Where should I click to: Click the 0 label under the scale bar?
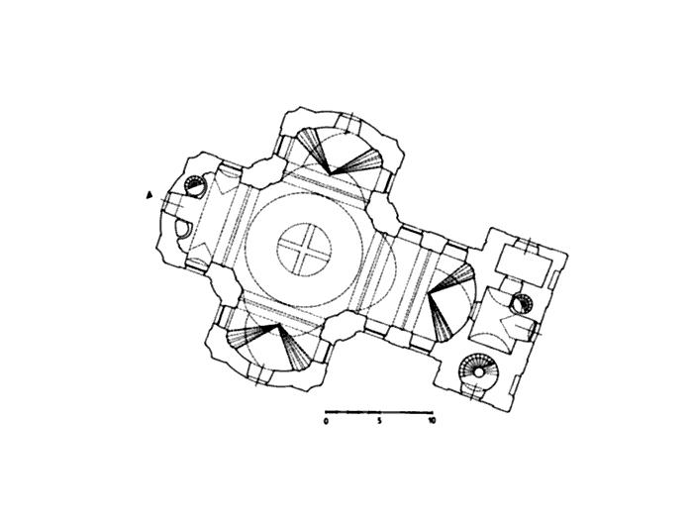tap(326, 421)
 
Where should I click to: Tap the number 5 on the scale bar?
tap(379, 421)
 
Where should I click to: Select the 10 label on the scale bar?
tap(432, 421)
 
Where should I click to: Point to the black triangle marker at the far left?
tap(149, 194)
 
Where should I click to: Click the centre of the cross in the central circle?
tap(304, 249)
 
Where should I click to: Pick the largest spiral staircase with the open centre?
tap(478, 372)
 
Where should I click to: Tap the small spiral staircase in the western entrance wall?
tap(194, 186)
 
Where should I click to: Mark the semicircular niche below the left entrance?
tap(182, 228)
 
